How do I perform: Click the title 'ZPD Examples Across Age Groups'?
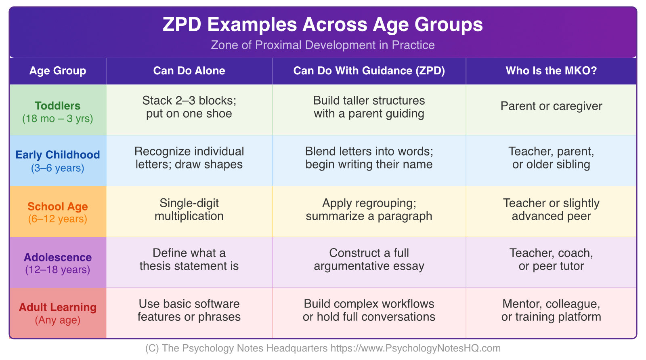tap(323, 24)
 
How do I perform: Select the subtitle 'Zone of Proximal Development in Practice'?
tap(323, 45)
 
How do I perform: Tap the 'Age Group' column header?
tap(58, 71)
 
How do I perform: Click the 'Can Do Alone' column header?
tap(189, 71)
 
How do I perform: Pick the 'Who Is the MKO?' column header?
tap(551, 71)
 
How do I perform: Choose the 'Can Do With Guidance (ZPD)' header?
tap(369, 71)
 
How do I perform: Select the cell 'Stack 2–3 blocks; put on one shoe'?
tap(189, 107)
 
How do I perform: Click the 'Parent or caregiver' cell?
tap(551, 106)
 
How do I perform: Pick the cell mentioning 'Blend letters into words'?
tap(369, 158)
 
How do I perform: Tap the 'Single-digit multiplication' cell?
tap(189, 209)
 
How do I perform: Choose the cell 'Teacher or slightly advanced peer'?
tap(551, 209)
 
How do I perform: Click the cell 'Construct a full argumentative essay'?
tap(369, 259)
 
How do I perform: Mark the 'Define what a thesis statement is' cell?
tap(189, 259)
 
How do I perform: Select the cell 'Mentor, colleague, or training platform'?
tap(551, 310)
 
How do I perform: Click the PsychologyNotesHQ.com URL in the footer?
tap(415, 348)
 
